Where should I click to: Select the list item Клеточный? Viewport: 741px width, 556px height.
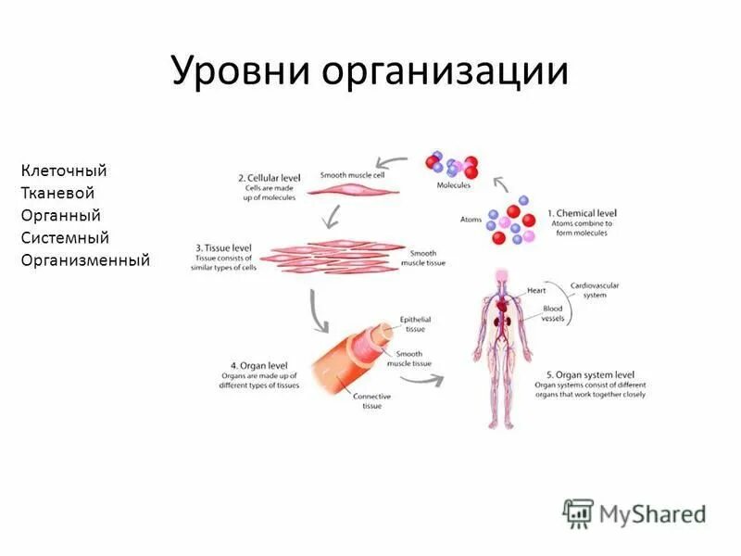[x=64, y=171]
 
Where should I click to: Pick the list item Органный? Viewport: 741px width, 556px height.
[x=60, y=215]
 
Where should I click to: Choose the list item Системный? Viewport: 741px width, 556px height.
[x=65, y=238]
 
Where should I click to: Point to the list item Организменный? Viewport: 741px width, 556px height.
[x=85, y=260]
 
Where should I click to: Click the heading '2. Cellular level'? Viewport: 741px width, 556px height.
[x=270, y=176]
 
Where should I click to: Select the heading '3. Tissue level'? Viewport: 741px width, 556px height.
[x=223, y=248]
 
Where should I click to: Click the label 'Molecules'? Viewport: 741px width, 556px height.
[x=454, y=185]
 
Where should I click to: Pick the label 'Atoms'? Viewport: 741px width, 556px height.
[x=471, y=220]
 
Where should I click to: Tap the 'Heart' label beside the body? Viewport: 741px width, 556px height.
[x=537, y=290]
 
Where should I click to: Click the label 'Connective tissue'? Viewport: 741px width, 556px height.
[x=371, y=401]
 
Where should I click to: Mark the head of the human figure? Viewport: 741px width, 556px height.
[x=502, y=275]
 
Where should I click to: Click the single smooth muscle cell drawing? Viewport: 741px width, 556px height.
[x=352, y=189]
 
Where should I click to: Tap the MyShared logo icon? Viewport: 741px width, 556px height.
[x=578, y=512]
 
